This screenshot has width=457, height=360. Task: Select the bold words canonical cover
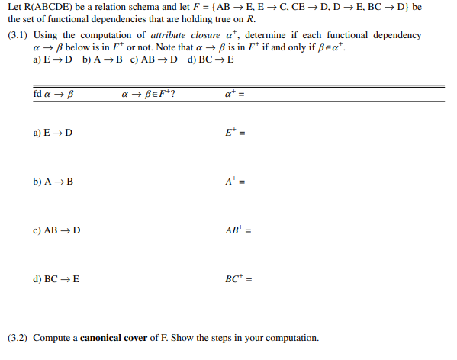click(x=116, y=337)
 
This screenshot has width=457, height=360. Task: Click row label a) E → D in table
click(x=53, y=132)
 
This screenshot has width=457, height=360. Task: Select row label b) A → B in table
click(x=53, y=182)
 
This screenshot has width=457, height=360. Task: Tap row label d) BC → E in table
click(x=56, y=279)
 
